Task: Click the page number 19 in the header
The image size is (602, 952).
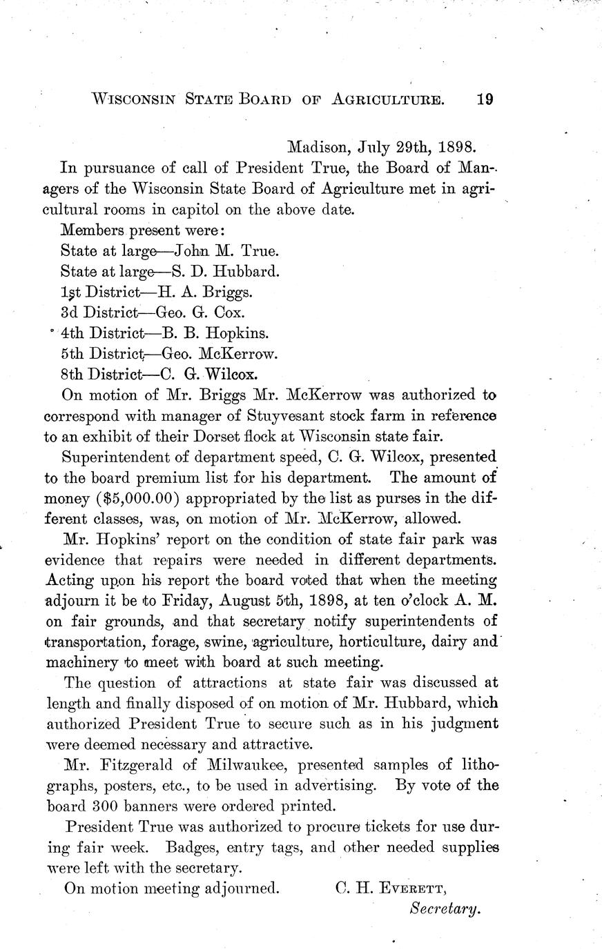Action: [x=484, y=99]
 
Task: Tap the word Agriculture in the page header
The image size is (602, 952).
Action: [x=387, y=99]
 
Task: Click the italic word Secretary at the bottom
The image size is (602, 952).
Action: [x=444, y=909]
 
